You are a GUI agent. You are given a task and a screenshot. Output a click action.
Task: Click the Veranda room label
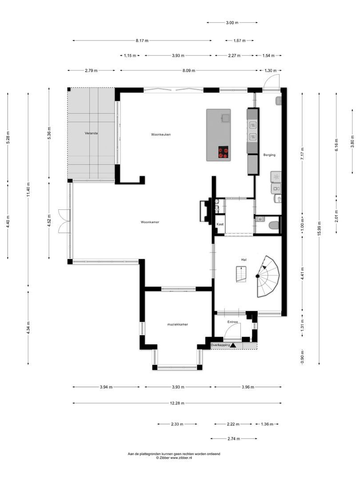click(91, 133)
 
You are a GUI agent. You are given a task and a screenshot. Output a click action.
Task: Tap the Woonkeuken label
click(161, 134)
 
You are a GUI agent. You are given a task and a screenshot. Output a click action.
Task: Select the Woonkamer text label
click(150, 222)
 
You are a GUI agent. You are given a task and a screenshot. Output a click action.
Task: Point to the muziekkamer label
click(177, 324)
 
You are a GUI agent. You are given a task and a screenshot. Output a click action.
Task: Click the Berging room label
click(269, 155)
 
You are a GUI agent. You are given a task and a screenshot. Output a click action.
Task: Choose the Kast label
click(220, 225)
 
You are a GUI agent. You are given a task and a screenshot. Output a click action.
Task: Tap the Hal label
click(244, 259)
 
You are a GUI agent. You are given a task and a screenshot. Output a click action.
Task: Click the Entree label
click(232, 322)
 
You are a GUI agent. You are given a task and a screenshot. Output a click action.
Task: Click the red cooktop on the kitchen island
click(223, 152)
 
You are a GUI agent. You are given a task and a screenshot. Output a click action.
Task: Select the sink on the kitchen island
click(224, 117)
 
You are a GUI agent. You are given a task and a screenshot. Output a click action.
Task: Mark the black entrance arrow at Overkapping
click(233, 344)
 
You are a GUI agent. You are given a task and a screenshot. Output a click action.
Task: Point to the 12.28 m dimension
click(177, 403)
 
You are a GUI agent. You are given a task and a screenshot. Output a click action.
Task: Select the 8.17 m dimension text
click(142, 40)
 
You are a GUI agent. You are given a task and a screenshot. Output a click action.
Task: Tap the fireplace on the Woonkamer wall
click(206, 211)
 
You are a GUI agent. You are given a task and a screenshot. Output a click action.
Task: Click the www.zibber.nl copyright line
click(174, 457)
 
